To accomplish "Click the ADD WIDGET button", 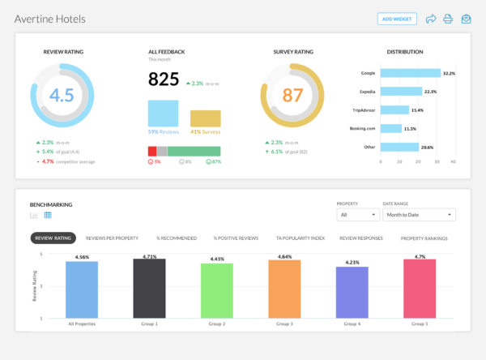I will (x=398, y=18).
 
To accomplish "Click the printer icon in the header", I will (x=448, y=18).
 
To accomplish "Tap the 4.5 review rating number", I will (x=62, y=94).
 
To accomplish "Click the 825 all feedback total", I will (x=164, y=79).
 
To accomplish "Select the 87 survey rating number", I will (x=292, y=94).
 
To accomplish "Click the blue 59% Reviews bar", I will (x=164, y=113).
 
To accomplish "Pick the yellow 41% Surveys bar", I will (x=205, y=118).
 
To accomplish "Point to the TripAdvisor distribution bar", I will (x=395, y=109).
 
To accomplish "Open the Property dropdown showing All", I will (x=357, y=215).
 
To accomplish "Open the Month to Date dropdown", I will (x=419, y=215).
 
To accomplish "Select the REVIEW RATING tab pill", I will (x=53, y=238).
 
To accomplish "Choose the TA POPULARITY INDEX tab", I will (x=300, y=238).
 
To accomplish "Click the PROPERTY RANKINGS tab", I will (x=425, y=238).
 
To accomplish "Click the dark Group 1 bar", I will (x=149, y=289).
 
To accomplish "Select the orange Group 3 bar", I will (x=284, y=289).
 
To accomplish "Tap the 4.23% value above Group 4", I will (x=352, y=262).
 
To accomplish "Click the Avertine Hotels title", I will (x=49, y=18).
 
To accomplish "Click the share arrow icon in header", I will (x=430, y=18).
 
